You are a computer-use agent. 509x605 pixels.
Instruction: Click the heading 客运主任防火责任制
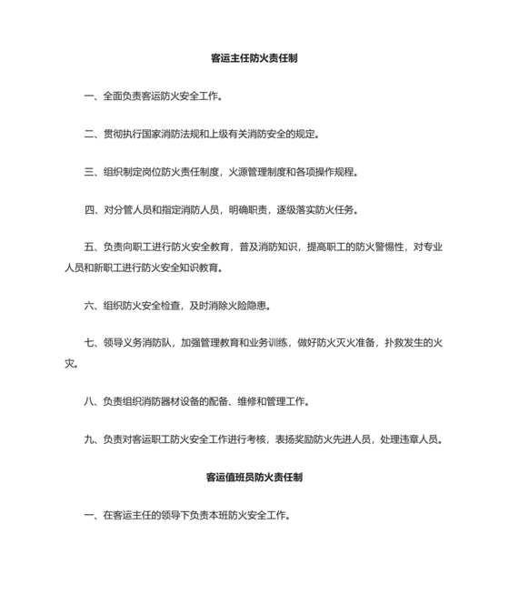click(x=254, y=57)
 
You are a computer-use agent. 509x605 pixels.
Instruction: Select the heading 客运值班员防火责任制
click(x=254, y=477)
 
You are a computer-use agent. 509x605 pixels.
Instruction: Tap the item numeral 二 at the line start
click(x=90, y=134)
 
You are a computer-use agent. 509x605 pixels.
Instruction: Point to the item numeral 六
click(x=90, y=305)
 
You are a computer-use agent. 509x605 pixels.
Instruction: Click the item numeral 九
click(x=90, y=439)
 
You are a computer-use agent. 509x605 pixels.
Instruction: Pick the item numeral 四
click(x=90, y=210)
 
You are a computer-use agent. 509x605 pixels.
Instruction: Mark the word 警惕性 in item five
click(x=392, y=248)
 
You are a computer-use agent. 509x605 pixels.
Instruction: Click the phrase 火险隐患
click(x=251, y=305)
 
